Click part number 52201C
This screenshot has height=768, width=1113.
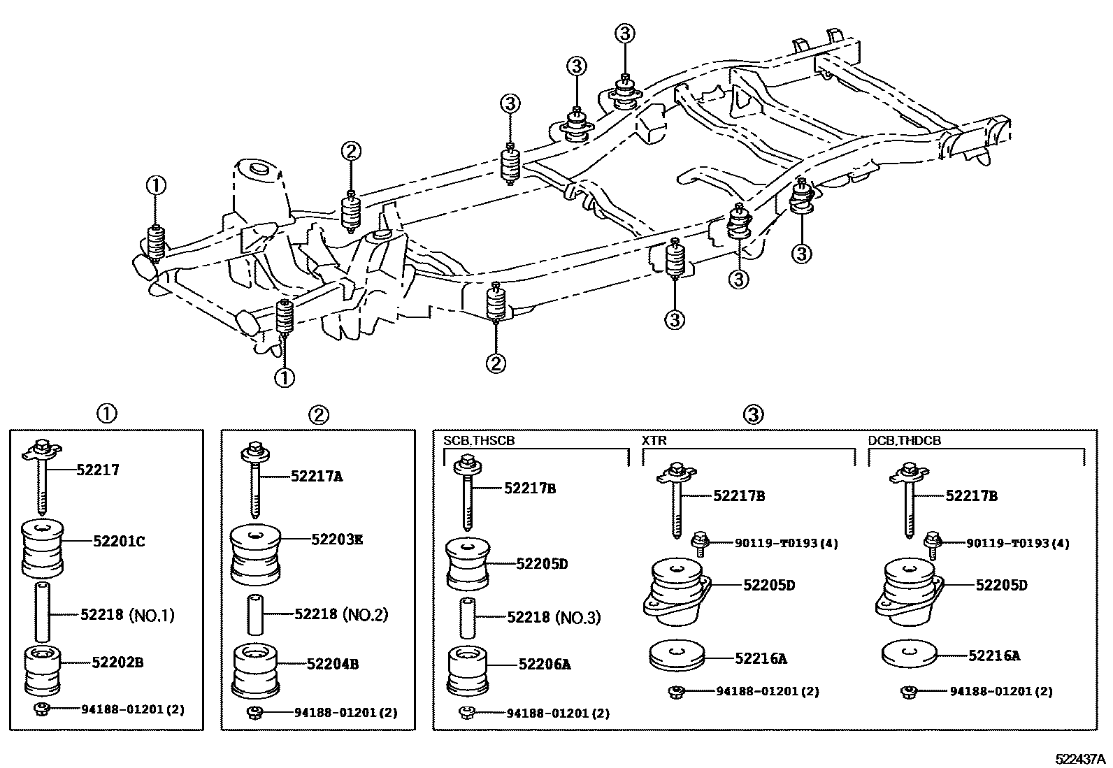[119, 541]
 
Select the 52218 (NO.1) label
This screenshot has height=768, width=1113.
[127, 615]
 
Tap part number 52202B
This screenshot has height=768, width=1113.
[117, 662]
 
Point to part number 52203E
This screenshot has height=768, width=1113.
[337, 539]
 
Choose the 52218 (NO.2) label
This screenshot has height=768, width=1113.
[340, 614]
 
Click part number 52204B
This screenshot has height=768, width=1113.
[333, 664]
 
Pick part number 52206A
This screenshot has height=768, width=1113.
[544, 665]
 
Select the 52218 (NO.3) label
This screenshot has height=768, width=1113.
[554, 618]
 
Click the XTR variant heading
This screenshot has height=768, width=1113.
[654, 441]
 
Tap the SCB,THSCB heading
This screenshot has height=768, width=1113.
[479, 441]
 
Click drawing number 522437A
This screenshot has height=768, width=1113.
[1080, 759]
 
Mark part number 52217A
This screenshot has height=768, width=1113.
[317, 477]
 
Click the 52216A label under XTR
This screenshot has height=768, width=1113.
[761, 658]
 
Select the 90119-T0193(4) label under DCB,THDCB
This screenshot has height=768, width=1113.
[1018, 543]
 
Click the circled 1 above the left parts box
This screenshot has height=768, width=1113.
[106, 414]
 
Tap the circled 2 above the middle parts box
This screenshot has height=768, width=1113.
[318, 414]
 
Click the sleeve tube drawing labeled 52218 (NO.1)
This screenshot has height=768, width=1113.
[43, 611]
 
